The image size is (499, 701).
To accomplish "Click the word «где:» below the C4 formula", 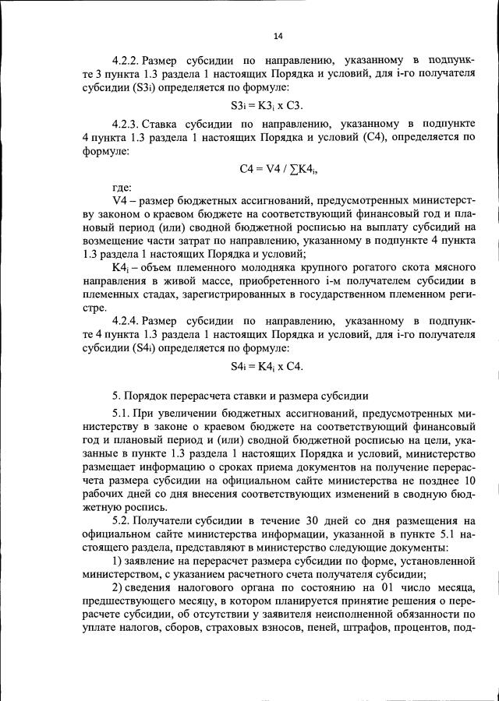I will [122, 188].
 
